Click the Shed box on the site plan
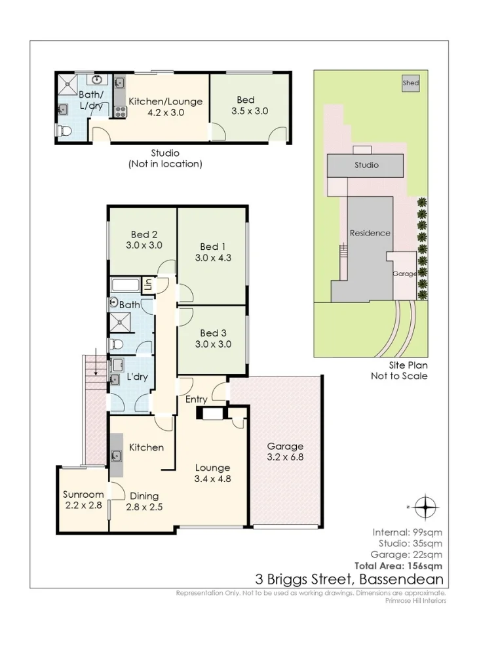410,83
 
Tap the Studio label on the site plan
366,165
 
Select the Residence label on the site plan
370,233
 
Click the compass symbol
425,507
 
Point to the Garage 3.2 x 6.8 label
285,452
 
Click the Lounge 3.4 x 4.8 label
212,474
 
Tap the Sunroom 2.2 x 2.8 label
83,500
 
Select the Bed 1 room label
213,253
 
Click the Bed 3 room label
213,338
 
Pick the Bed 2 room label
144,239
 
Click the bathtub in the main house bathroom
126,285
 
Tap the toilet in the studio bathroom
64,131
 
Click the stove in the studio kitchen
121,111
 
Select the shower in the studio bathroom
67,85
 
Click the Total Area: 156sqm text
398,566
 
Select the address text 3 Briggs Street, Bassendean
349,579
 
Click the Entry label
196,399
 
